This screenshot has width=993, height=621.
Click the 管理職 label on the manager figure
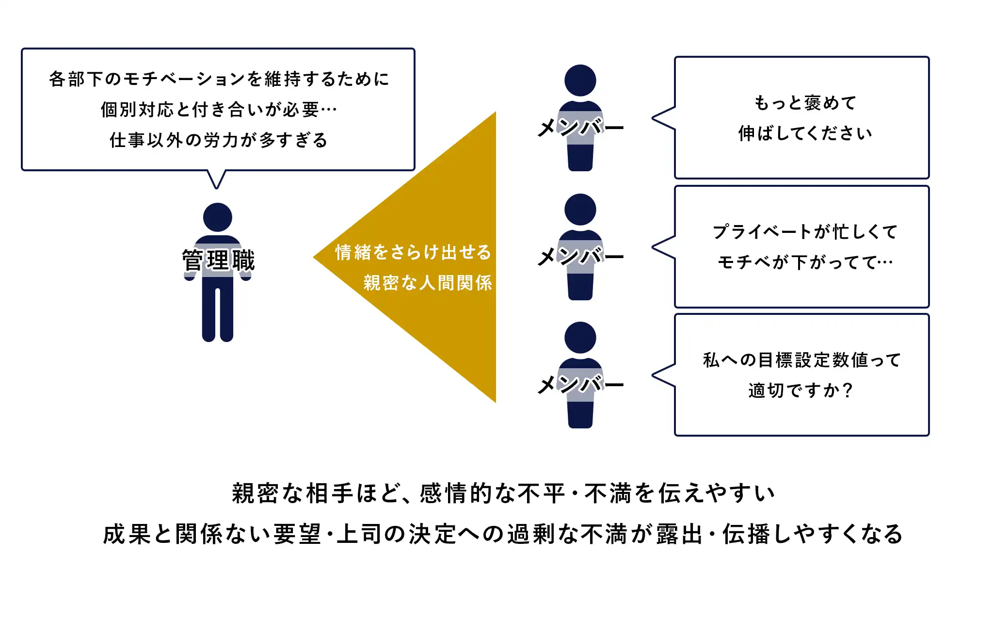pyautogui.click(x=218, y=261)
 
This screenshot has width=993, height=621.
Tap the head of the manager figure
pyautogui.click(x=217, y=217)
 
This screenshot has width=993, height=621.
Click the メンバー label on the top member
pyautogui.click(x=580, y=128)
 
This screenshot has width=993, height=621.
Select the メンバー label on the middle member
pyautogui.click(x=580, y=257)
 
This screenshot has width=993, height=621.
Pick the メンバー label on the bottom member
pyautogui.click(x=580, y=385)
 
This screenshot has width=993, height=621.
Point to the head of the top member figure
pyautogui.click(x=580, y=80)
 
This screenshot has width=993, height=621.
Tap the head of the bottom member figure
pyautogui.click(x=580, y=337)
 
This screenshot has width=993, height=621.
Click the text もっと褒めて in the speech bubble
pyautogui.click(x=805, y=103)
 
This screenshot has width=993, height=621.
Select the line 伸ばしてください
pyautogui.click(x=805, y=133)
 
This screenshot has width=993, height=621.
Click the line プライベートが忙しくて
pyautogui.click(x=805, y=232)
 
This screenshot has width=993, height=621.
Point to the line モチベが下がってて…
pyautogui.click(x=805, y=262)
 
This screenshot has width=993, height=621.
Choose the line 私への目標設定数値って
pyautogui.click(x=802, y=360)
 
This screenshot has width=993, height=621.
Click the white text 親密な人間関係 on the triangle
pyautogui.click(x=428, y=283)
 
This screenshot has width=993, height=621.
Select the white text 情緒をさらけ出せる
pyautogui.click(x=413, y=252)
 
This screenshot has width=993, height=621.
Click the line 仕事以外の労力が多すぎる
pyautogui.click(x=219, y=140)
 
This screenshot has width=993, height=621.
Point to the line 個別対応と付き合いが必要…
pyautogui.click(x=219, y=110)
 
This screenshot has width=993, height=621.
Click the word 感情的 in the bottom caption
pyautogui.click(x=456, y=494)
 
